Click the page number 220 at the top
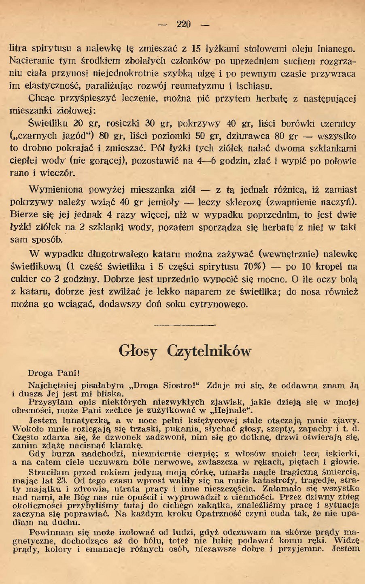coord(183,24)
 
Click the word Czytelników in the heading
coord(209,351)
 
